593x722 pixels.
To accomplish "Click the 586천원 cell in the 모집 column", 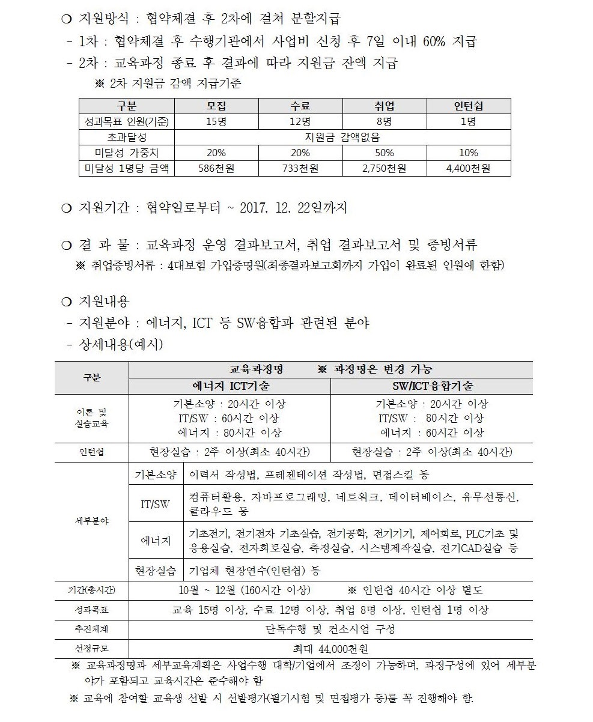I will [216, 169].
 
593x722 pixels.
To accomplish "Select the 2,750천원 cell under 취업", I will [385, 169].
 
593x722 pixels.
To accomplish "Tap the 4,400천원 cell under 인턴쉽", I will [469, 169].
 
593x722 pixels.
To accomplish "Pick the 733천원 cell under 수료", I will [300, 169].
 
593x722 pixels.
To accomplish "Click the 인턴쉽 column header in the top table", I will [469, 106].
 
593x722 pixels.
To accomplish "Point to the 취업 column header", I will [385, 106].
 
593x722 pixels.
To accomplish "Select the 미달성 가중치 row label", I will [127, 153].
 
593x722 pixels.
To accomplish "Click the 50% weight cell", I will [385, 153].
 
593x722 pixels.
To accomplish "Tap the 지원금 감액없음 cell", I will [342, 138].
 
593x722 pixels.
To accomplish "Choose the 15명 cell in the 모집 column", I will [216, 122].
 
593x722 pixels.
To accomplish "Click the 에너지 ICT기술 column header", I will [230, 386].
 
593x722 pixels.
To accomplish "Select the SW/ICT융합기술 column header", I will [432, 386].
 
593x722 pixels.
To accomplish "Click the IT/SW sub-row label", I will [156, 505].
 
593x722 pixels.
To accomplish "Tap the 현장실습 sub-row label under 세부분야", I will [156, 569].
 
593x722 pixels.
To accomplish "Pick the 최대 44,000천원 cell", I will [330, 649].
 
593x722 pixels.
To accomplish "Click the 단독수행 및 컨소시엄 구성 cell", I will [330, 629].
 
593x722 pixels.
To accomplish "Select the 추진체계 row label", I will [91, 629].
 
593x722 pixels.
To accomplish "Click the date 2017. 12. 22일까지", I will [293, 208].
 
